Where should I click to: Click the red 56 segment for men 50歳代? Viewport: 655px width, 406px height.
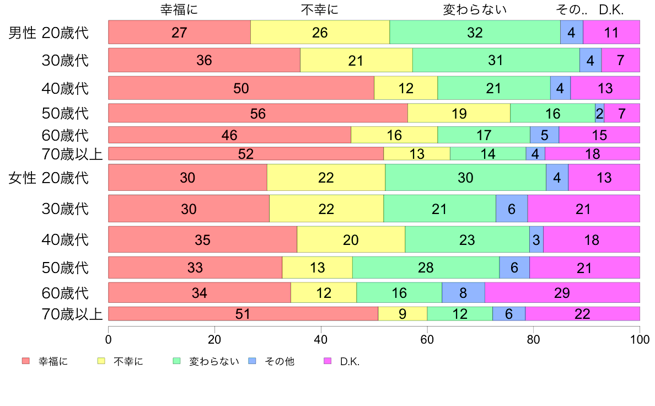coord(257,113)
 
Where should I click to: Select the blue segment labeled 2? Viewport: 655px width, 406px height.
coord(599,113)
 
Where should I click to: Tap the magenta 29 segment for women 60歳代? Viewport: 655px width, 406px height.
coord(562,292)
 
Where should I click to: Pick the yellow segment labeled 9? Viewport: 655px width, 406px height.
coord(402,314)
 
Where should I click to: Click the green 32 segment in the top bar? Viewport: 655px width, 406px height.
coord(475,33)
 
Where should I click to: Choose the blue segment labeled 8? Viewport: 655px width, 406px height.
coord(463,292)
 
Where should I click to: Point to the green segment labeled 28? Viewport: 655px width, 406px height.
coord(426,268)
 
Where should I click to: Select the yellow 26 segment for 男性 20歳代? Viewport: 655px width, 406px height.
coord(320,33)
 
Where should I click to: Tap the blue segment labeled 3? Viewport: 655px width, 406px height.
coord(536,240)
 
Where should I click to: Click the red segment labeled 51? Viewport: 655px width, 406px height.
coord(243,314)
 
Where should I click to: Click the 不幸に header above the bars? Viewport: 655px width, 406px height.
coord(320,9)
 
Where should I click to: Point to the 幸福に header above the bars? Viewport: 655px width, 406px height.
coord(179,9)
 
